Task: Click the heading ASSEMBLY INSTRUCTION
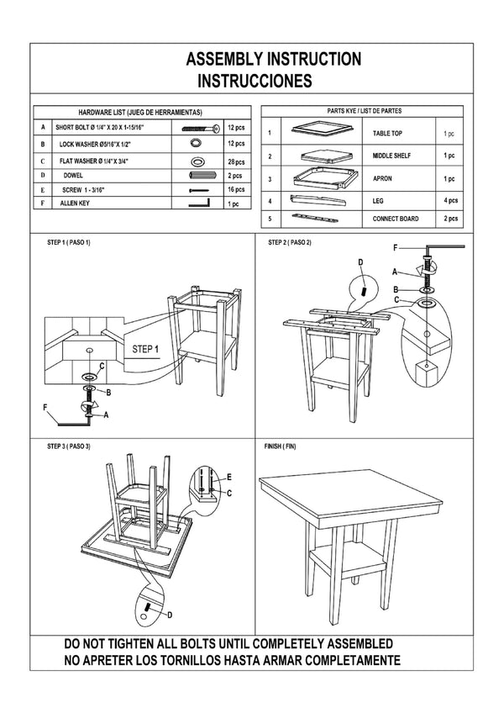point(273,59)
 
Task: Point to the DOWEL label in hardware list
point(75,176)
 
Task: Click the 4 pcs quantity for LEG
point(449,200)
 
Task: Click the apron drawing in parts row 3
point(319,178)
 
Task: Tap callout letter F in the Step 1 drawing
point(48,408)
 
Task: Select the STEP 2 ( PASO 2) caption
point(289,243)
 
